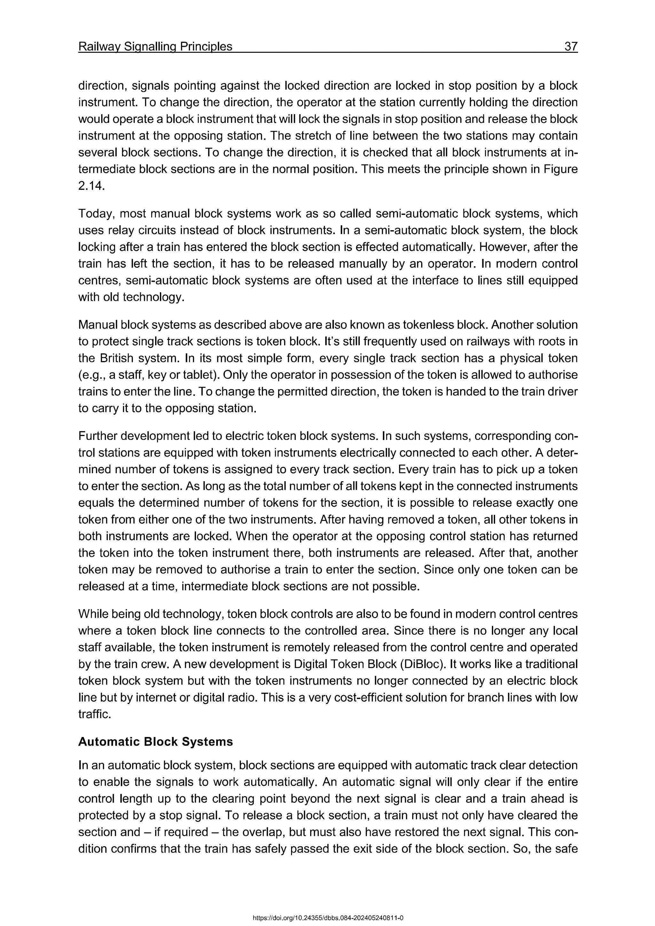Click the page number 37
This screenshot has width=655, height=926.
pos(571,47)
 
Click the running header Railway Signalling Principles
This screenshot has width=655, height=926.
pos(155,47)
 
